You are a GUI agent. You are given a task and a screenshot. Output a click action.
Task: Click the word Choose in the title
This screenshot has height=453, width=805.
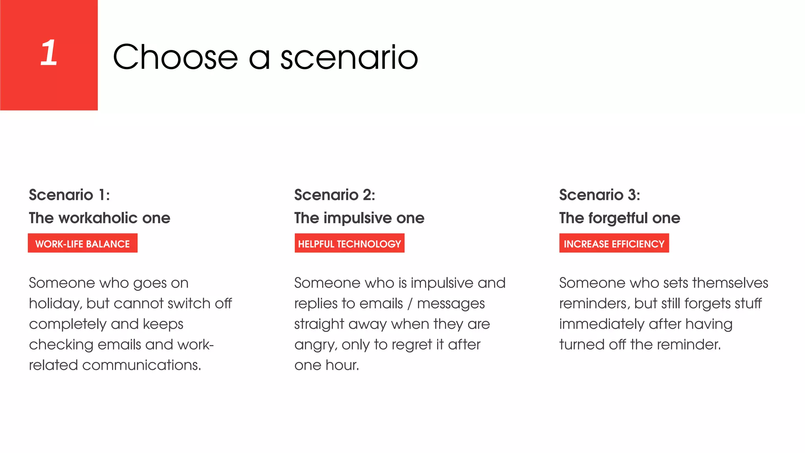click(x=175, y=57)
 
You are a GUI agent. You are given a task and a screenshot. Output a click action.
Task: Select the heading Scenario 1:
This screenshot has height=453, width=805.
click(x=69, y=195)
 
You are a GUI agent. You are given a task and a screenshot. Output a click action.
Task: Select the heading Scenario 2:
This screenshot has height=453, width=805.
click(x=334, y=195)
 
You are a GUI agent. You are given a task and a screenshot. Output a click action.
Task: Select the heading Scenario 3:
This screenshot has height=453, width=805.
click(x=599, y=195)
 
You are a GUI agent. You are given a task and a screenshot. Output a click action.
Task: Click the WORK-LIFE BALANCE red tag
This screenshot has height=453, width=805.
click(x=83, y=244)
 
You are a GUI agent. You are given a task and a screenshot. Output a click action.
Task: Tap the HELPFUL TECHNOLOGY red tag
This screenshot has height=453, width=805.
click(x=349, y=244)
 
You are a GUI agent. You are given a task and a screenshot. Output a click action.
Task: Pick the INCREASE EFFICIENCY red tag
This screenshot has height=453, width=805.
click(x=614, y=244)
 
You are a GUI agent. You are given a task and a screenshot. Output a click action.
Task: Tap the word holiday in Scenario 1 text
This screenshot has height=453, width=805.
click(x=55, y=304)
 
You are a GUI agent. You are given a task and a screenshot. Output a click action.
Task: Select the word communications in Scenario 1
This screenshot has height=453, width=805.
click(x=142, y=365)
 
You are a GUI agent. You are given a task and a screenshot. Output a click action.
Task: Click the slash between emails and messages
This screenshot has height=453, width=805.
click(x=410, y=304)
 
